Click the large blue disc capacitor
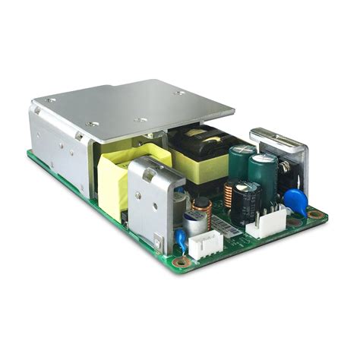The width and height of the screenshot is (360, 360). [294, 201]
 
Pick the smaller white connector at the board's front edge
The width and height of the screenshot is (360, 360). [205, 245]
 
